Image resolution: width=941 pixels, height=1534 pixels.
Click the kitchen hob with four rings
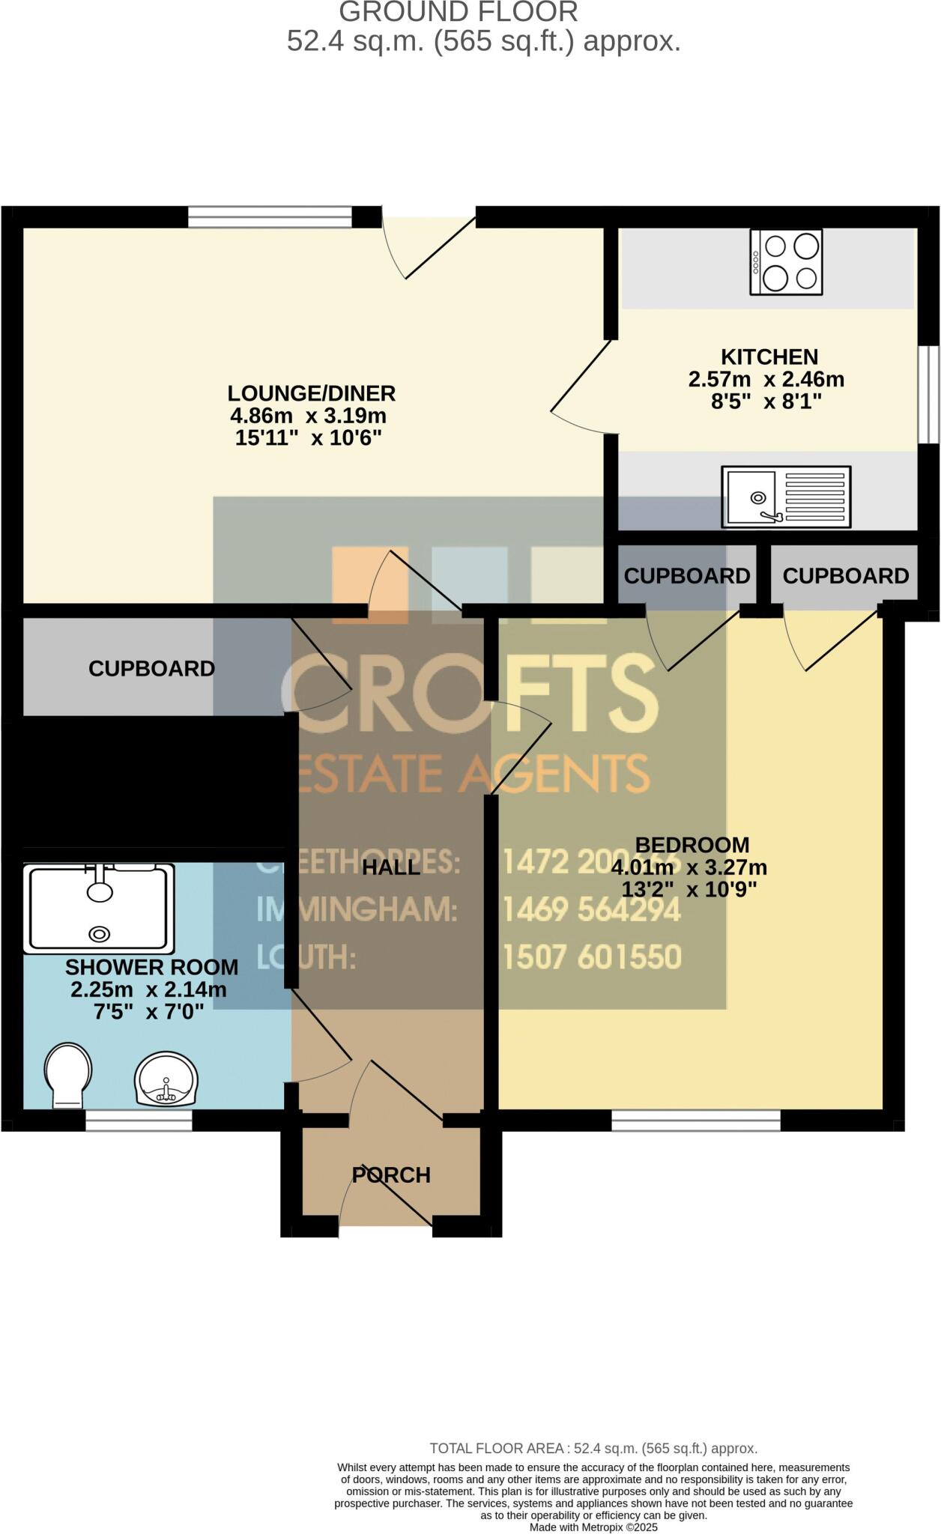coord(787,261)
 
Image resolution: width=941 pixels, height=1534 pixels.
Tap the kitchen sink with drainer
coord(786,496)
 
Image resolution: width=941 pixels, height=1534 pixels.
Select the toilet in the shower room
coord(68,1074)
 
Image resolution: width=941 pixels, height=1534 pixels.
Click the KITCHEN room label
coord(769,357)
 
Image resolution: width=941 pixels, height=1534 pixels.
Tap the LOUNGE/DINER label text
coord(311,393)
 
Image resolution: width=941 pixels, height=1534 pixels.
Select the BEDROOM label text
coord(692,845)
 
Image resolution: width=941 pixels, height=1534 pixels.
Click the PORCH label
coord(391,1175)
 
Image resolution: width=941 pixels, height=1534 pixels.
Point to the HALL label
coord(391,867)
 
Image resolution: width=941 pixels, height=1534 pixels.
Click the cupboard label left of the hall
coord(151,668)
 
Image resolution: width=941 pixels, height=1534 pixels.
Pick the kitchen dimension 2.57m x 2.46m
coord(766,380)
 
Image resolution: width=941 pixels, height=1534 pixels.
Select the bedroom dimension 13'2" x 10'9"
coord(689,889)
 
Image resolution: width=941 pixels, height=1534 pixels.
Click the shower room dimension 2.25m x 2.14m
coord(148,989)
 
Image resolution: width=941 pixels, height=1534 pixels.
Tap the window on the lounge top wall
coord(269,217)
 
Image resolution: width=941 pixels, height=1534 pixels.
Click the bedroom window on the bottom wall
coord(696,1120)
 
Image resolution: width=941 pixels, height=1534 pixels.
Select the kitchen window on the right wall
coord(929,394)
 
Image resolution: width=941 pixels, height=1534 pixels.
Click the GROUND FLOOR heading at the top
coord(459,12)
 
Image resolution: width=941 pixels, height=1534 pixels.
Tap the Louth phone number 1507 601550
coord(592,957)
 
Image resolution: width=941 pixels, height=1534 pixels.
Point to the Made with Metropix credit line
coord(593,1527)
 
